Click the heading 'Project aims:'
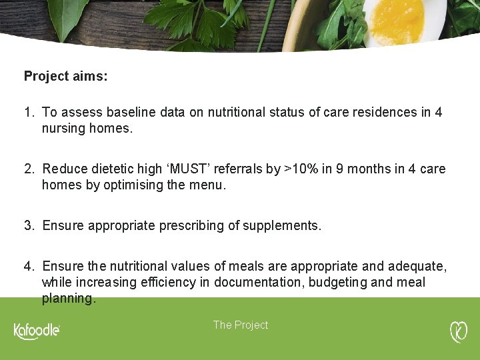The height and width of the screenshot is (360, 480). (65, 76)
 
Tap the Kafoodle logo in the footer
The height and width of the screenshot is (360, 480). (37, 331)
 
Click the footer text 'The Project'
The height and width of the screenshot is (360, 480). (241, 325)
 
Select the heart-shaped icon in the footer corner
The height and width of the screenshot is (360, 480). (459, 331)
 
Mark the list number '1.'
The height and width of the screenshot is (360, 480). (29, 112)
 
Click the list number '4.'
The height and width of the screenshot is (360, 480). (29, 266)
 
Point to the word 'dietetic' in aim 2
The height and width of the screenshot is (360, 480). (111, 169)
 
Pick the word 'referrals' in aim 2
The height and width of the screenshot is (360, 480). (239, 169)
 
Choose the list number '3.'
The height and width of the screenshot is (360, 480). (29, 225)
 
